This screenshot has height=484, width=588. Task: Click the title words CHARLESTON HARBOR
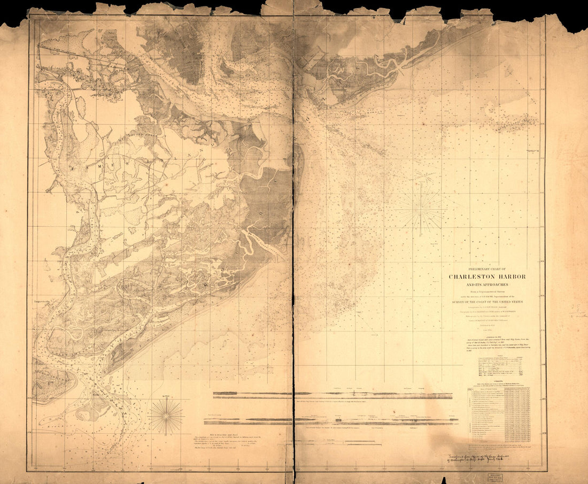487,276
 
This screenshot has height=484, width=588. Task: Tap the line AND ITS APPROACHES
487,285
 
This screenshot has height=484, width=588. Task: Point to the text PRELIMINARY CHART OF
487,268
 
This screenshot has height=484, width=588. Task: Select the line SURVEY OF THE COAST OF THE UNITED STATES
487,302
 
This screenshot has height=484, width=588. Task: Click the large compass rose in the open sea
422,209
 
